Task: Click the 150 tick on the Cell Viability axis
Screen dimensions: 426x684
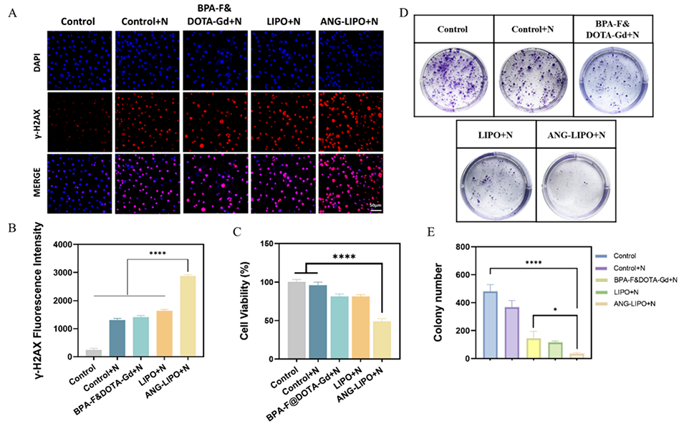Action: tap(266, 244)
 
